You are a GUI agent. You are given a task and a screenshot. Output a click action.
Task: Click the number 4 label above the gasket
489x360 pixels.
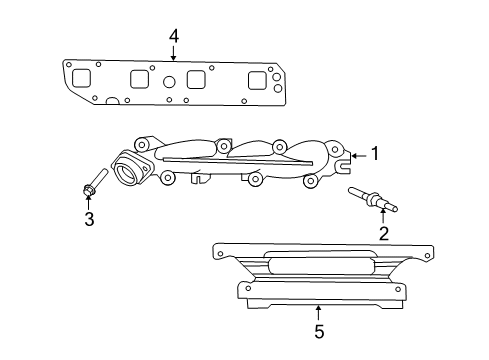[174, 36]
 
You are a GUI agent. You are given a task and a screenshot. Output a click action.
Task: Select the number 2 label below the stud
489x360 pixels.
[382, 234]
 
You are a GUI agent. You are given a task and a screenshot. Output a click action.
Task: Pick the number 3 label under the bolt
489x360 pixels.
[89, 219]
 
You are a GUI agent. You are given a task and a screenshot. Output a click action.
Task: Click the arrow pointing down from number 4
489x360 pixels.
[174, 52]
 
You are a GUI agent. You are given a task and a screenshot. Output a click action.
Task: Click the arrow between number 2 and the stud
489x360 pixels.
[382, 219]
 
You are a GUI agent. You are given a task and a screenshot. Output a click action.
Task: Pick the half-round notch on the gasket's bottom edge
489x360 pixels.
[115, 101]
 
